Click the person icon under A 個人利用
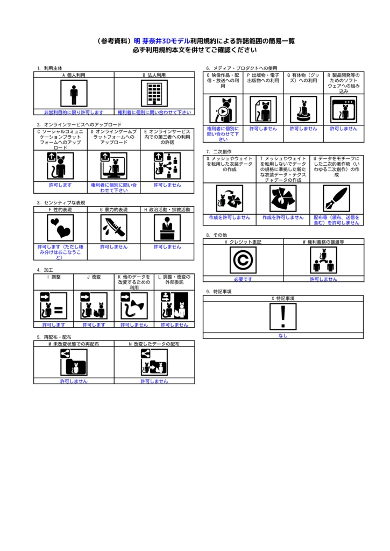(74, 94)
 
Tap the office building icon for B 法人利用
(154, 94)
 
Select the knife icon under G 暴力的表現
(114, 228)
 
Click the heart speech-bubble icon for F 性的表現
(60, 228)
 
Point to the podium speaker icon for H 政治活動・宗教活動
(167, 228)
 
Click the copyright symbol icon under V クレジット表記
(243, 260)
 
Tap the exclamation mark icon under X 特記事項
(283, 316)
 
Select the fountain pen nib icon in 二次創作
(336, 199)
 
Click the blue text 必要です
(243, 279)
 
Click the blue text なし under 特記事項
(283, 335)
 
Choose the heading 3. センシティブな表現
(61, 202)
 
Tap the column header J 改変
(94, 277)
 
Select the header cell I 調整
(53, 277)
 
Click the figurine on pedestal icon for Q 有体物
(303, 110)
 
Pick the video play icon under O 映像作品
(223, 110)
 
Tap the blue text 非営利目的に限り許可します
(74, 112)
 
